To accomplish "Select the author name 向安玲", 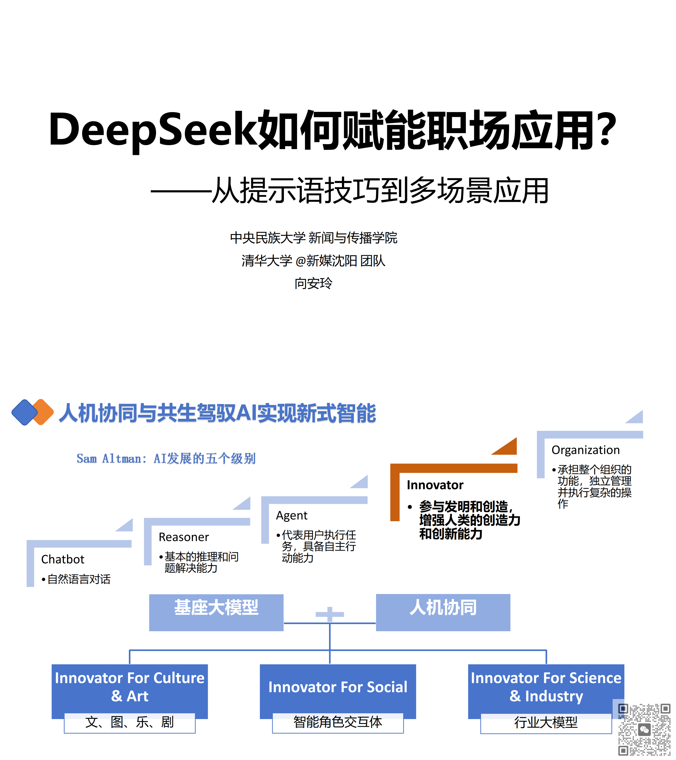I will pos(313,283).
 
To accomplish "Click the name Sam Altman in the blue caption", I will pos(109,458).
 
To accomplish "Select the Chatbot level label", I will pos(63,559).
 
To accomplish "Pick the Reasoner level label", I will pos(184,537).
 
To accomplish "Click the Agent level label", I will pos(292,515).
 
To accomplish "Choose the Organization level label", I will pos(586,450).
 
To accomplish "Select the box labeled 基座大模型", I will pos(216,612).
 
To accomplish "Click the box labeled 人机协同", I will pos(443,612).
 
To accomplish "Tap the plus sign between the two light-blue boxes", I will pos(330,614).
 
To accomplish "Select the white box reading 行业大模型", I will pos(546,723).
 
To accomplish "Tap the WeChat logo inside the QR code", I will pos(644,730).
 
